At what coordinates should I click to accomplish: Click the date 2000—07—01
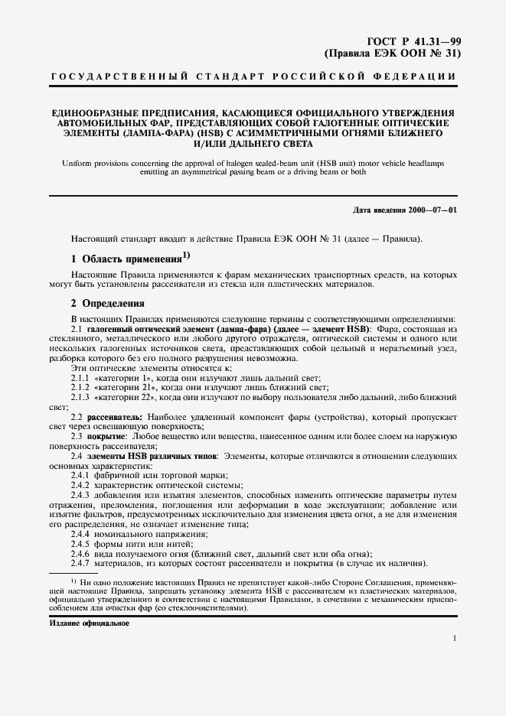[x=435, y=210]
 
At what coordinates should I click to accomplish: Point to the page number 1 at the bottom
[x=455, y=638]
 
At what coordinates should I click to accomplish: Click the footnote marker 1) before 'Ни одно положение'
[x=73, y=582]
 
